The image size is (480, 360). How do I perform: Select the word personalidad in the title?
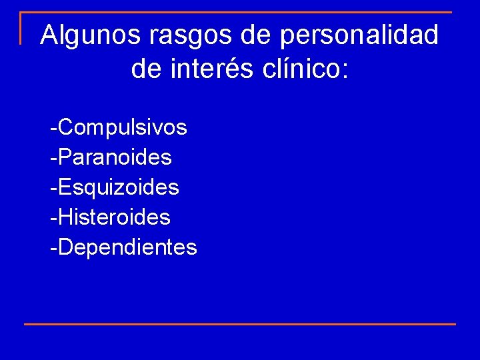360,35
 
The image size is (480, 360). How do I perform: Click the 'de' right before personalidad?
257,35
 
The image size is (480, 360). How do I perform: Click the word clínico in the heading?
299,69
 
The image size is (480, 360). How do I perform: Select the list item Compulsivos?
123,127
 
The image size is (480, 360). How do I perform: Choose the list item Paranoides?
115,157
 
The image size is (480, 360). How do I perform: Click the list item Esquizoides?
119,187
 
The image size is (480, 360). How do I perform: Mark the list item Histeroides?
114,217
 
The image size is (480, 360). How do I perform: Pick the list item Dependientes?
127,247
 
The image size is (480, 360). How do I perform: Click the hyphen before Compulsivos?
53,128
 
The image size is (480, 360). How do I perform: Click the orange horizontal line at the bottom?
240,324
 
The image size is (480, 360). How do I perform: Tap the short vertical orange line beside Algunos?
21,28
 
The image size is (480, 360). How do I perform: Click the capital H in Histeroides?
65,217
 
